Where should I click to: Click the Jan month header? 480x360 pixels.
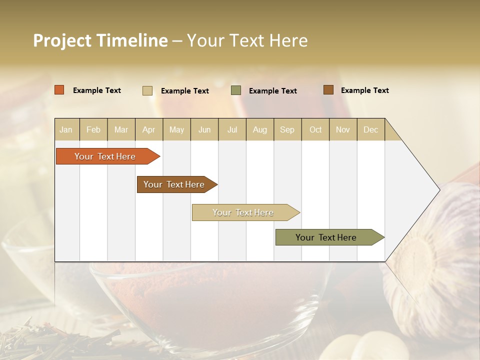(66, 129)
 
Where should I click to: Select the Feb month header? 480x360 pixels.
(93, 129)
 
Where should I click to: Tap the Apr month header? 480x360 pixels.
(149, 129)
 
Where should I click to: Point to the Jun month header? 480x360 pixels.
(204, 129)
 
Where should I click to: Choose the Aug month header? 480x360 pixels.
(260, 129)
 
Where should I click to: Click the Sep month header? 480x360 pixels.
(287, 129)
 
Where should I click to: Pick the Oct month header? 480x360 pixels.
(315, 129)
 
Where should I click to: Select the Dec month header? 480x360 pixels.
(371, 129)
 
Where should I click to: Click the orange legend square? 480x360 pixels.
(59, 90)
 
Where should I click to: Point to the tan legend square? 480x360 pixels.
(147, 90)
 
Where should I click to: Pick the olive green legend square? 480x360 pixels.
(236, 90)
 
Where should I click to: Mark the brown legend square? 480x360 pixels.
(328, 90)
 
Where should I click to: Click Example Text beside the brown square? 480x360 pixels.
(364, 90)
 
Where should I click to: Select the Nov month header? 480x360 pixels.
(343, 129)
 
